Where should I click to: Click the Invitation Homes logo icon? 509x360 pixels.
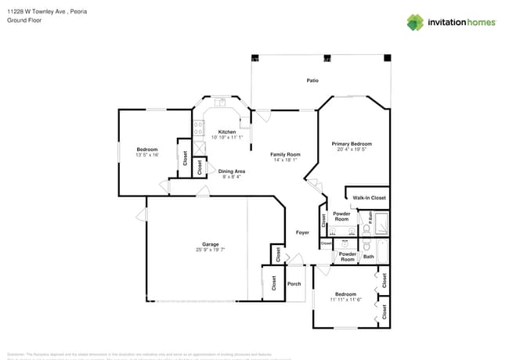point(415,22)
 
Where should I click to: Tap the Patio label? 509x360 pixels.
point(312,81)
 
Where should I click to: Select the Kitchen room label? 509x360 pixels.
point(226,131)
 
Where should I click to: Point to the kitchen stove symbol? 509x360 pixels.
point(198,132)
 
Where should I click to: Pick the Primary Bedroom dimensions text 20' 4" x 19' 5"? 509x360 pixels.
point(352,149)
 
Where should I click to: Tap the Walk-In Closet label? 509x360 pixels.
point(369,198)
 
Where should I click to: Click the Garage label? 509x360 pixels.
point(210,244)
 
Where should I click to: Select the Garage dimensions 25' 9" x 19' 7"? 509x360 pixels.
point(210,250)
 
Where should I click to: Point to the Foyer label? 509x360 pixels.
point(301,232)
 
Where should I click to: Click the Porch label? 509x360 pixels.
point(294,284)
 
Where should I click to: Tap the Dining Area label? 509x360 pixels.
point(231,171)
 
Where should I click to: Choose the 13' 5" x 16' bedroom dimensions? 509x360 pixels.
point(147,155)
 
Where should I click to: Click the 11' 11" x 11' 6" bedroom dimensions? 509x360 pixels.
point(345,300)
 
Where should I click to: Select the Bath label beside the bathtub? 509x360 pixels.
point(368,257)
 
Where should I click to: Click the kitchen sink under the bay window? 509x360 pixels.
point(222,102)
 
